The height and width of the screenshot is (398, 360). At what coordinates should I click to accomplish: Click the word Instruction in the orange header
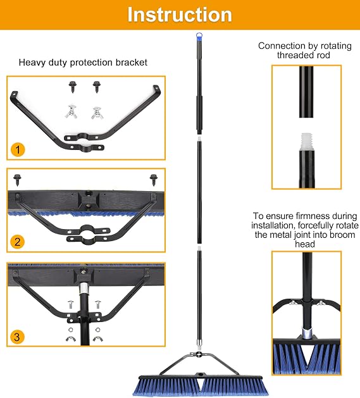pyautogui.click(x=180, y=15)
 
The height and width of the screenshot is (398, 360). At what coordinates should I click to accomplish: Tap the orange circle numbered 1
pyautogui.click(x=18, y=149)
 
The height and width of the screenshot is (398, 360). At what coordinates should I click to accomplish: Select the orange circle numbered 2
pyautogui.click(x=18, y=242)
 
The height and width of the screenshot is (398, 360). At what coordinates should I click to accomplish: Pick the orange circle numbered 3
pyautogui.click(x=17, y=337)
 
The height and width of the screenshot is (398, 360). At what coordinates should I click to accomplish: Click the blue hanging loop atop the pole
pyautogui.click(x=199, y=35)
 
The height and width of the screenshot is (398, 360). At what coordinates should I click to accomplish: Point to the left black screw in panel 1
pyautogui.click(x=73, y=87)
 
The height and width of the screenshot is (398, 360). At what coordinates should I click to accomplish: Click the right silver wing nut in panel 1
pyautogui.click(x=97, y=113)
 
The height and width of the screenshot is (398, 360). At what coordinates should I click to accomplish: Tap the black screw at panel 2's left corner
pyautogui.click(x=17, y=180)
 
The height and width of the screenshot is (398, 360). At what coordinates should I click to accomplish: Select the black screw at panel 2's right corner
pyautogui.click(x=153, y=180)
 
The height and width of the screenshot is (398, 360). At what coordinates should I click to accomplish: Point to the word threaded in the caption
pyautogui.click(x=292, y=55)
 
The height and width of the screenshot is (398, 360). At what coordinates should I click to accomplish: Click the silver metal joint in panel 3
pyautogui.click(x=84, y=288)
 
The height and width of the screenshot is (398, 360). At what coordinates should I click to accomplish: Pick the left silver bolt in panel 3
pyautogui.click(x=71, y=304)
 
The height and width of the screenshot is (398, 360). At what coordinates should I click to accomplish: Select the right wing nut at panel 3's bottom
pyautogui.click(x=97, y=339)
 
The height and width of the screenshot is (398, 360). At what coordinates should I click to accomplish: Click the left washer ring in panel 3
pyautogui.click(x=71, y=330)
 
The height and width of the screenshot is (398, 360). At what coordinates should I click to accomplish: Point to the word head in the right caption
pyautogui.click(x=305, y=244)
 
